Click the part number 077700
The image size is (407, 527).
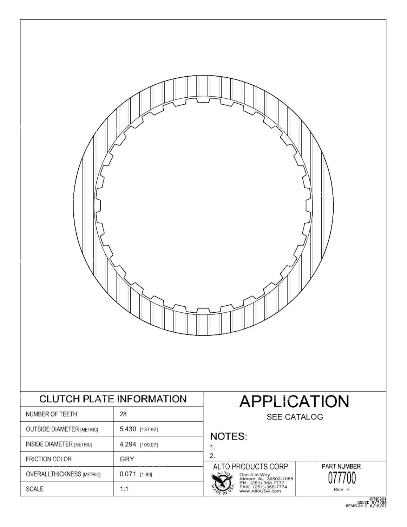342,478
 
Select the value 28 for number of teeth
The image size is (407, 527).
123,414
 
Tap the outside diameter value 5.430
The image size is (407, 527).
128,429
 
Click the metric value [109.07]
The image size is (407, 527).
149,445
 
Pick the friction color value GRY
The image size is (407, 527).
127,459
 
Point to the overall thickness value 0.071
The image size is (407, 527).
128,474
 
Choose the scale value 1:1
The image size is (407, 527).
124,489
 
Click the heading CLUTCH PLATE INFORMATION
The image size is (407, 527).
113,399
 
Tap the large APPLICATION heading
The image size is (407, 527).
294,402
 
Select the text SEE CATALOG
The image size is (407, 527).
295,417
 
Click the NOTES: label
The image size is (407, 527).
229,437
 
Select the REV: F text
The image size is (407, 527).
341,489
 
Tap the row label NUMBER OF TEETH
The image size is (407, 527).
51,414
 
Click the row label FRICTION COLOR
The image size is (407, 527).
49,459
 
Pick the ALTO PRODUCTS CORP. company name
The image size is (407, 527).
251,467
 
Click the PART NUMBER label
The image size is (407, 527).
341,467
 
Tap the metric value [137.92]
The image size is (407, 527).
149,430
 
